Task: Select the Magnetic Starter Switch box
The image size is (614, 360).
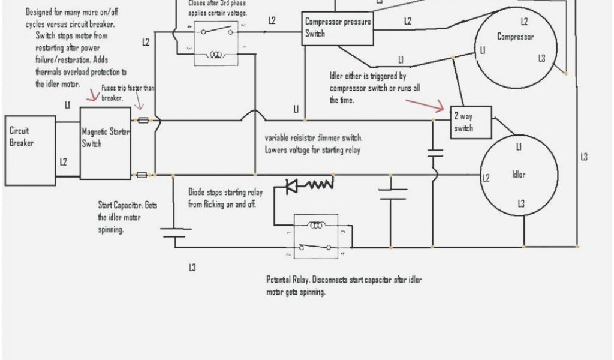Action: click(x=105, y=143)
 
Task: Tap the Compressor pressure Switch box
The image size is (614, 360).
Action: click(x=337, y=28)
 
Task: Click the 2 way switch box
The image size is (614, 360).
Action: click(x=471, y=122)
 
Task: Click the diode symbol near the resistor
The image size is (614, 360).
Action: click(x=292, y=186)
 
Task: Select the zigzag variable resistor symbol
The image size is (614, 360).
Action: click(x=320, y=184)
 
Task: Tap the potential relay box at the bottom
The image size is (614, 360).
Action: click(x=314, y=236)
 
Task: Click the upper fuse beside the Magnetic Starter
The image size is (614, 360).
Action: click(x=143, y=120)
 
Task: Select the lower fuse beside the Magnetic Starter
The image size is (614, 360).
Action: click(x=142, y=175)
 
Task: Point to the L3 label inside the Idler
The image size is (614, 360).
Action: click(x=521, y=205)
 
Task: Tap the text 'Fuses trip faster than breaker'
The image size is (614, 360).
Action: click(x=127, y=92)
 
